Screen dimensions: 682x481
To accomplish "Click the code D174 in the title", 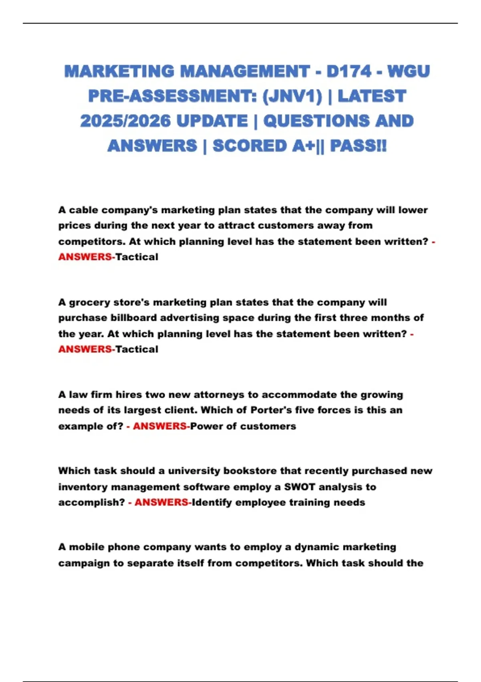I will click(349, 71).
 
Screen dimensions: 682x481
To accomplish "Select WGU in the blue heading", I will click(408, 71).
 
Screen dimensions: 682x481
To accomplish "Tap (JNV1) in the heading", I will click(292, 96).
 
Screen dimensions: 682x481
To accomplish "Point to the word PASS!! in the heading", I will click(358, 146).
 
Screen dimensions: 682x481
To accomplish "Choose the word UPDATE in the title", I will click(212, 121).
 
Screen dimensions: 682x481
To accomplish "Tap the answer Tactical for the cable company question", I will click(137, 257).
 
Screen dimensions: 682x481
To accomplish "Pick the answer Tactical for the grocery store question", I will click(137, 349).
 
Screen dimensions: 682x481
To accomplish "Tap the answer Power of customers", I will click(243, 426).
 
